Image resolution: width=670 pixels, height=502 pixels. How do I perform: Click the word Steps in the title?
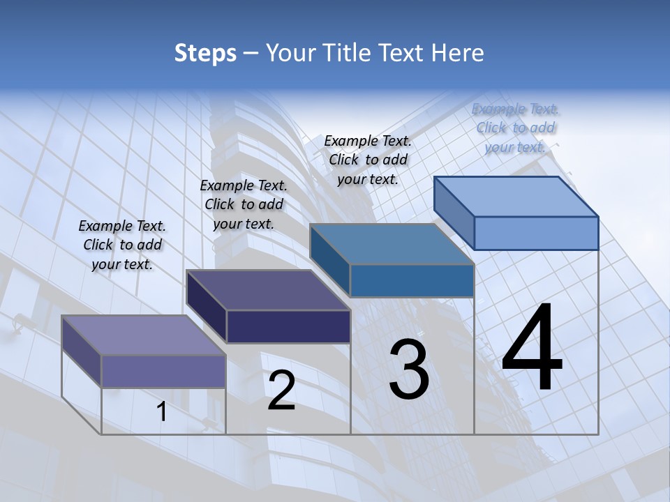tap(205, 53)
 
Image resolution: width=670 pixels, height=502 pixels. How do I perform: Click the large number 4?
tap(532, 349)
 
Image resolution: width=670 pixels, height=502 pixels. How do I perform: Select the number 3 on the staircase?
tap(408, 370)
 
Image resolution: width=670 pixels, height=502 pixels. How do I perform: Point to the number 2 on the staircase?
tap(281, 390)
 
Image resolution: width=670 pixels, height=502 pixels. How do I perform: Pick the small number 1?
tap(161, 412)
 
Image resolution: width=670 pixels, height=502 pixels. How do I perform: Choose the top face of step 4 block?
tap(516, 197)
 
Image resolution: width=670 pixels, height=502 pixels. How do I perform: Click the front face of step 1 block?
tap(163, 371)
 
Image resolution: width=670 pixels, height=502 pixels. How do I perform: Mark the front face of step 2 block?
tap(288, 326)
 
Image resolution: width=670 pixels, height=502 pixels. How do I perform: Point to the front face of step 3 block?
tap(412, 280)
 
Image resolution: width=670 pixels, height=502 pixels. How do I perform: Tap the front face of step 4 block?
tap(536, 233)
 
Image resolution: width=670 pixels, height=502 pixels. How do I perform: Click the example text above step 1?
tap(122, 245)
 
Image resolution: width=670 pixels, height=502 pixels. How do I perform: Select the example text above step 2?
tap(244, 204)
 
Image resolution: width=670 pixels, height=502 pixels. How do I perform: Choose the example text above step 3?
tap(368, 160)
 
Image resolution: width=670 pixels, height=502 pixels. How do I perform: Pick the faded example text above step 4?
tap(516, 128)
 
